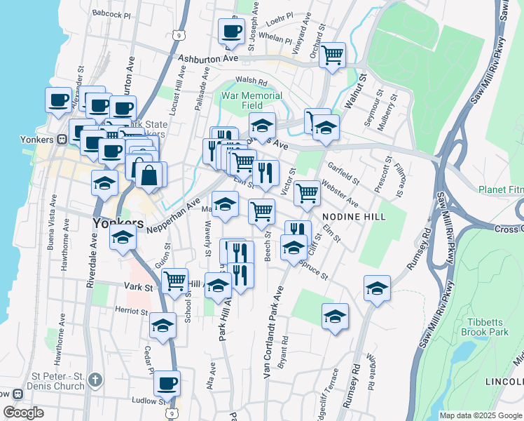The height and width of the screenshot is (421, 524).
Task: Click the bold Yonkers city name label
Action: click(118, 222)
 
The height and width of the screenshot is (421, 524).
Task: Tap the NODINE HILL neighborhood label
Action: click(354, 218)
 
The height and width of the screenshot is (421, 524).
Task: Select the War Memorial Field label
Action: click(251, 100)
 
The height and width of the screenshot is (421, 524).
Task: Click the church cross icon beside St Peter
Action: click(95, 380)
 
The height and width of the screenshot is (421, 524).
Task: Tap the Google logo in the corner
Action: click(23, 413)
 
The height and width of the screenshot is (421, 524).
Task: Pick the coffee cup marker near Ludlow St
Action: click(167, 383)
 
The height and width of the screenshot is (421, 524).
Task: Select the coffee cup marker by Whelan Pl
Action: click(231, 30)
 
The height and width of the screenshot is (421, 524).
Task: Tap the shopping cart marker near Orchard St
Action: click(332, 54)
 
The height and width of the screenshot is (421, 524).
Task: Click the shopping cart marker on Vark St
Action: click(174, 281)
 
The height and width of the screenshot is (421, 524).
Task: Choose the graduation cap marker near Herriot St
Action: click(163, 325)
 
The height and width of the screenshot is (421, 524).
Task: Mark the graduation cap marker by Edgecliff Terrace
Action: click(336, 316)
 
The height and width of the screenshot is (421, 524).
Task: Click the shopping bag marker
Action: click(149, 174)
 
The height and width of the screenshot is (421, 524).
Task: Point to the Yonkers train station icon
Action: click(62, 138)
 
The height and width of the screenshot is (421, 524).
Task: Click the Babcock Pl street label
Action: click(111, 13)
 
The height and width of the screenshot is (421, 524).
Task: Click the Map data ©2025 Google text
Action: click(480, 415)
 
